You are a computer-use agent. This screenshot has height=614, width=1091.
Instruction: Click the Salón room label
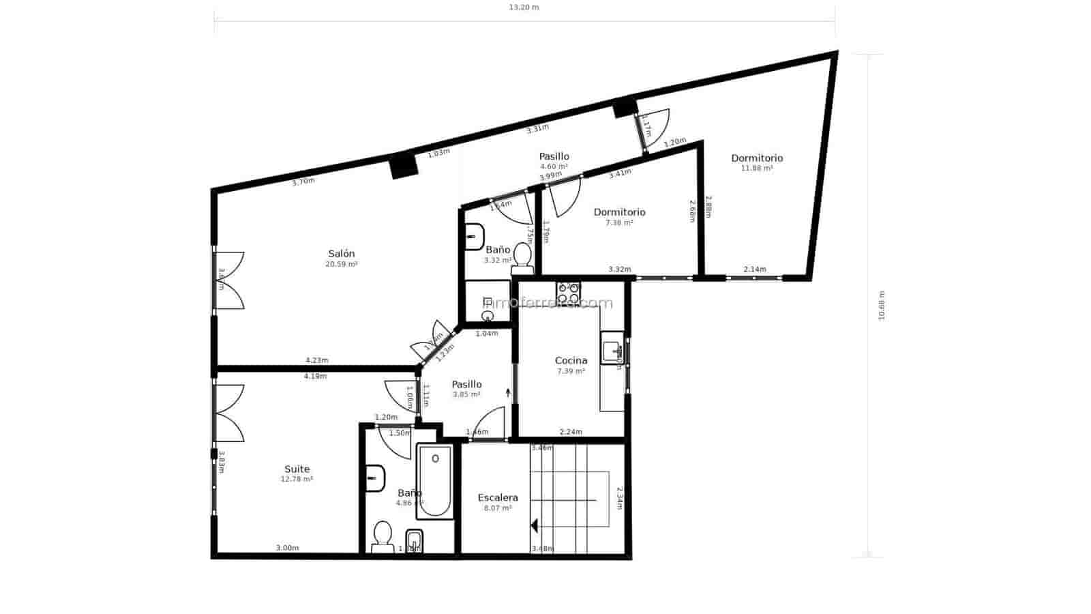point(341,254)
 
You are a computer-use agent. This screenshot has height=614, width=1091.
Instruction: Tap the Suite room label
point(297,469)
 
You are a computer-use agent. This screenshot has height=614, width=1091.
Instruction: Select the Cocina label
point(571,361)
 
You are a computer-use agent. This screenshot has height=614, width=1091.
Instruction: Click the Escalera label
point(498,498)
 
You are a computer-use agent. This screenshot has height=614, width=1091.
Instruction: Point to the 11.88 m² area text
point(757,169)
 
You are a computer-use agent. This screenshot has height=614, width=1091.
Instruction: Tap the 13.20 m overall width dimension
point(524,8)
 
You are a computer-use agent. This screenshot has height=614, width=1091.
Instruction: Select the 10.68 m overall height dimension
point(881,306)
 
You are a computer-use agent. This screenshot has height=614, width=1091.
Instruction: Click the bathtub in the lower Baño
point(435,481)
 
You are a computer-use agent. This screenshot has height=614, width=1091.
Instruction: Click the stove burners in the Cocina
point(568,293)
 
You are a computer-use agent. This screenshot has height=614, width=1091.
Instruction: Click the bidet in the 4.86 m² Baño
point(414,541)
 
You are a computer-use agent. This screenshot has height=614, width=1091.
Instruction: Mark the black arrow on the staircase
point(535,526)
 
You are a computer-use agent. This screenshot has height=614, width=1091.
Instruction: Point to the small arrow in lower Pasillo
point(508,392)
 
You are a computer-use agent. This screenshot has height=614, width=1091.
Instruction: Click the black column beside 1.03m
point(404,166)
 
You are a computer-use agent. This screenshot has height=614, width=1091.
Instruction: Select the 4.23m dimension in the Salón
point(316,360)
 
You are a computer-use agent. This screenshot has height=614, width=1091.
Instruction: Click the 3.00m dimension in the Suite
point(287,548)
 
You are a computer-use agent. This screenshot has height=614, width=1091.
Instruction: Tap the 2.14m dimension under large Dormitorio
point(754,269)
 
